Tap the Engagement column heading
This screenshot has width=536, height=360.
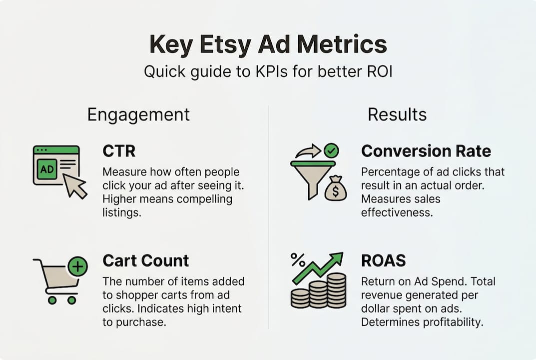138,115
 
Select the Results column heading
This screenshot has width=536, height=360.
397,114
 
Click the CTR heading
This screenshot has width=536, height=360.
119,151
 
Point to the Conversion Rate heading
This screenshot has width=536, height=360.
426,151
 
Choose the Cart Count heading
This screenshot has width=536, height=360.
146,261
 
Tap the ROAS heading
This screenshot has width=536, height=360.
384,261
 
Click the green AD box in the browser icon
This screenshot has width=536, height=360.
47,168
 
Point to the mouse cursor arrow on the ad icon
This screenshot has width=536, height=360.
74,185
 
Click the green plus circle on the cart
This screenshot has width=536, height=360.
77,266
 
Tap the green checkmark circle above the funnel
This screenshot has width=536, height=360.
331,150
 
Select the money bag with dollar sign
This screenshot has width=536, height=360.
335,188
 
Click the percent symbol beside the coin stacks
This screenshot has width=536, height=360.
298,259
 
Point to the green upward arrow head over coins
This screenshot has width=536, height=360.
336,258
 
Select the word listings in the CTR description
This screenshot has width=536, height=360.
122,213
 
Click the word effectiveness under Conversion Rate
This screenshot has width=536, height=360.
397,212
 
